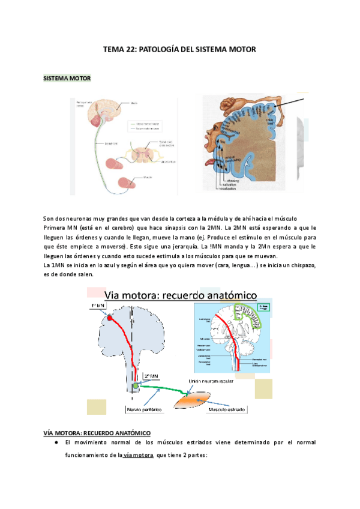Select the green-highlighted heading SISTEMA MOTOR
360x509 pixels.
(67, 79)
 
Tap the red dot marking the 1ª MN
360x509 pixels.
(110, 319)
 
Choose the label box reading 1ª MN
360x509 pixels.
(98, 307)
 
